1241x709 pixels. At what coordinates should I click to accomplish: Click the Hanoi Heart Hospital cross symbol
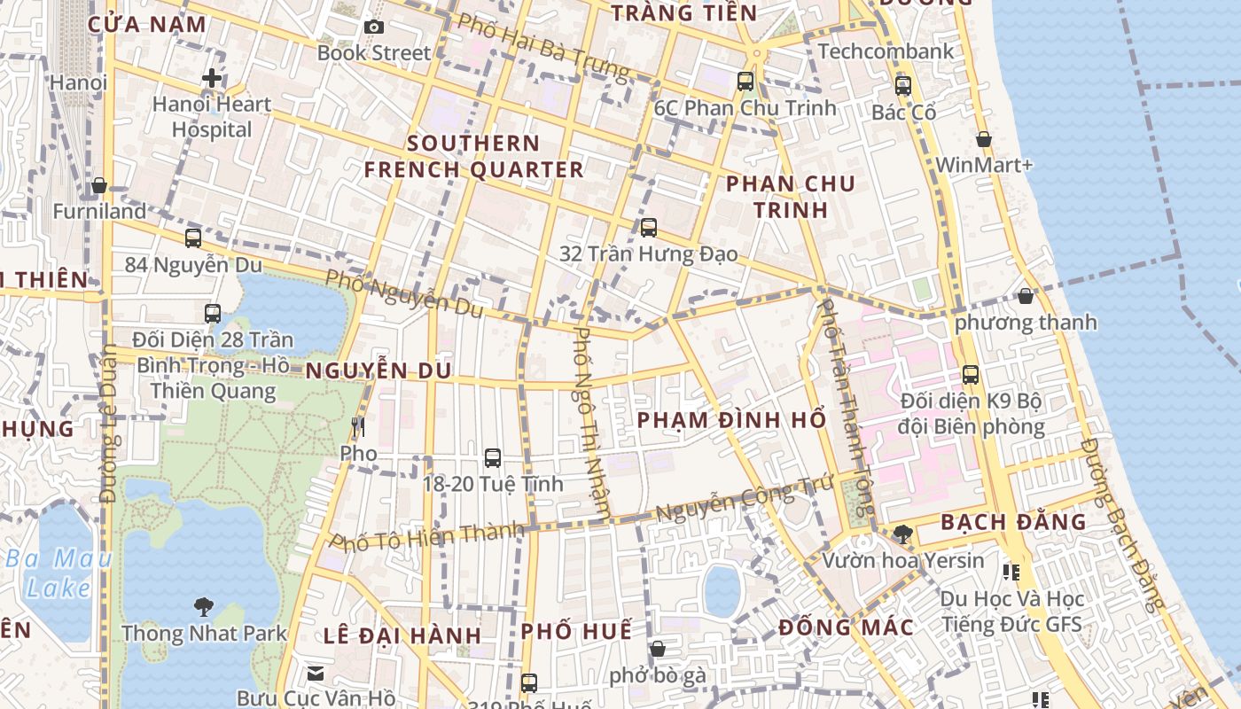pyautogui.click(x=212, y=78)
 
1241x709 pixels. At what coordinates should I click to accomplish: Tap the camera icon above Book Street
pyautogui.click(x=374, y=27)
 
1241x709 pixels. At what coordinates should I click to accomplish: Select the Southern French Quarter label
pyautogui.click(x=474, y=156)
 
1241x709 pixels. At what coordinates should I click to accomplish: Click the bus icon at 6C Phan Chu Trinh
pyautogui.click(x=745, y=82)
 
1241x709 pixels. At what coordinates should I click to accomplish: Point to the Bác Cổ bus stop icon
pyautogui.click(x=903, y=86)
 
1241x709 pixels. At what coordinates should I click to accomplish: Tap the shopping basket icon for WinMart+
pyautogui.click(x=983, y=139)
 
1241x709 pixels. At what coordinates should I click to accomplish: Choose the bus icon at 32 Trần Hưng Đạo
pyautogui.click(x=649, y=228)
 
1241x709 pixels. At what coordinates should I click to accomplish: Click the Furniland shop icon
pyautogui.click(x=99, y=185)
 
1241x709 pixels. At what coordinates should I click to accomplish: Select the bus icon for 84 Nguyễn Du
pyautogui.click(x=193, y=238)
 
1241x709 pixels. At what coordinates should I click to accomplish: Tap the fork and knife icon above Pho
pyautogui.click(x=358, y=427)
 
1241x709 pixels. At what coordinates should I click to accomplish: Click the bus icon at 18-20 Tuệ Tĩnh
pyautogui.click(x=493, y=458)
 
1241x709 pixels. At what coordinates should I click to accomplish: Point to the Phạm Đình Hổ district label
pyautogui.click(x=732, y=419)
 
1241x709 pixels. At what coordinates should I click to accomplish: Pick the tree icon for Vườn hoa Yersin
pyautogui.click(x=903, y=534)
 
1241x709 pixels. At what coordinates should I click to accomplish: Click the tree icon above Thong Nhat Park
pyautogui.click(x=204, y=607)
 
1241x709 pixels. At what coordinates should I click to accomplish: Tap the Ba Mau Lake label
pyautogui.click(x=59, y=573)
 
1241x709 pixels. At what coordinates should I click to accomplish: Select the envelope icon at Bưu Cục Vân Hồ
pyautogui.click(x=316, y=674)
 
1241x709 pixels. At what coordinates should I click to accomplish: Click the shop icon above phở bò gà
pyautogui.click(x=657, y=649)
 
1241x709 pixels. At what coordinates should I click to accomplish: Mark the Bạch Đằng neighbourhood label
pyautogui.click(x=1013, y=522)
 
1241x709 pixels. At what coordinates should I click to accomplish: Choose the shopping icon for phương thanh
pyautogui.click(x=1026, y=296)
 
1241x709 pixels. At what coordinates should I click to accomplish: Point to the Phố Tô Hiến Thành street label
pyautogui.click(x=427, y=537)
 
